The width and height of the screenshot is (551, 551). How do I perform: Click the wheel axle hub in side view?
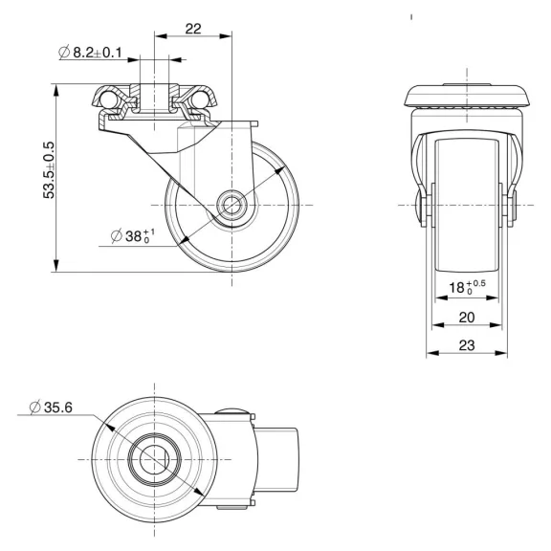tap(231, 204)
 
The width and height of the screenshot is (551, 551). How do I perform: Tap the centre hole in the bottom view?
tap(153, 458)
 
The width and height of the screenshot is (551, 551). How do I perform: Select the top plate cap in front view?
tap(466, 97)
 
